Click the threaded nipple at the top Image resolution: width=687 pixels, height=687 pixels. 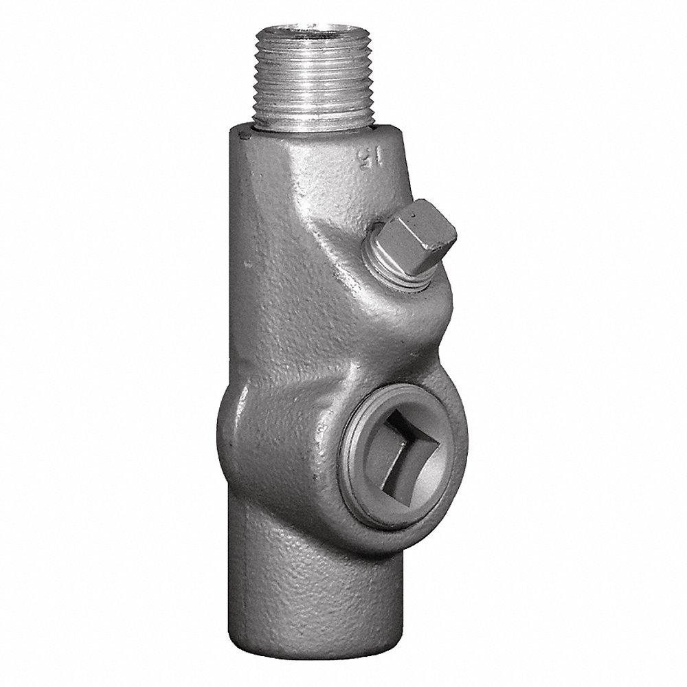297,76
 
